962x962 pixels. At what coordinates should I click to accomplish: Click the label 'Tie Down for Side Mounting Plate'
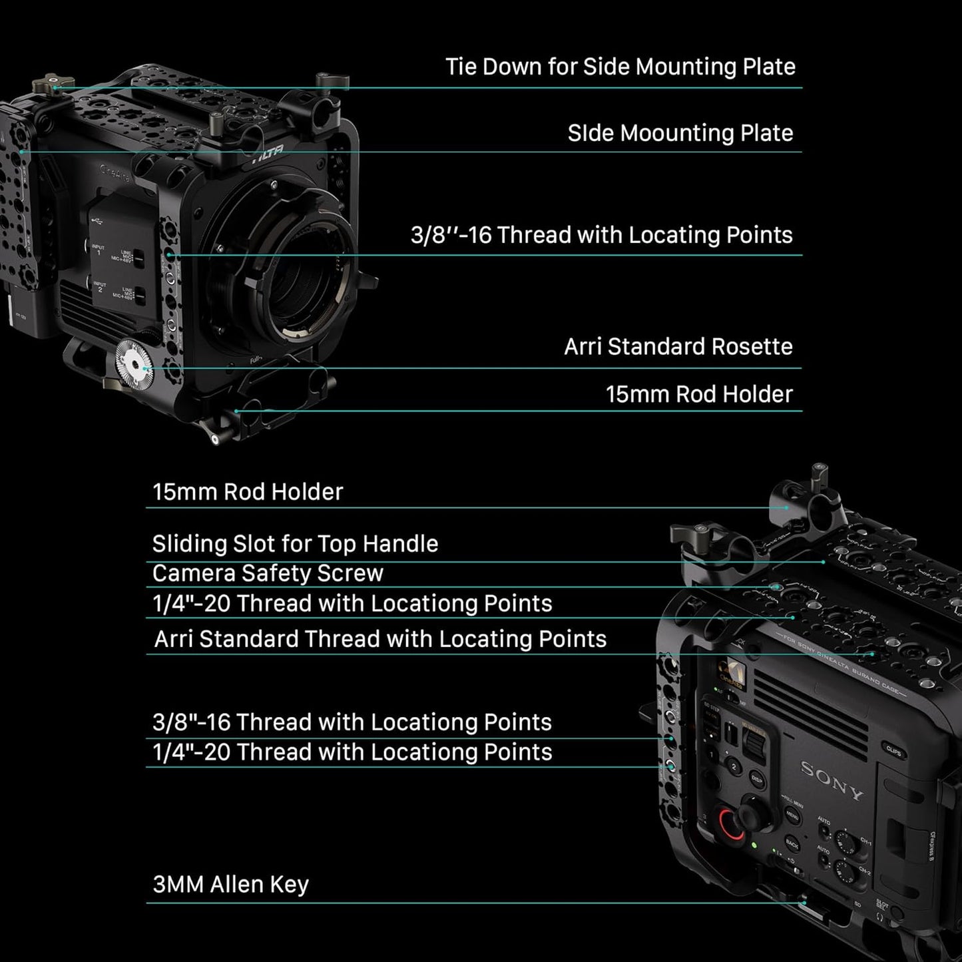[620, 67]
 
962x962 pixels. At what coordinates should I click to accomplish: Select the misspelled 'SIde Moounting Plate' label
[680, 133]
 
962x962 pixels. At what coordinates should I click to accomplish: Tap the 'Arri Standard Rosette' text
[678, 347]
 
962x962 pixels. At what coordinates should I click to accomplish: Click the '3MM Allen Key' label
[230, 885]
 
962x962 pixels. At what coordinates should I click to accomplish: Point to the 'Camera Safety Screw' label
[268, 573]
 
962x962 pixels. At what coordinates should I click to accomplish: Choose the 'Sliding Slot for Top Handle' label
[295, 544]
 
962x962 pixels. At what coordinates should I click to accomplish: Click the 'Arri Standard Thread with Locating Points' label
[380, 639]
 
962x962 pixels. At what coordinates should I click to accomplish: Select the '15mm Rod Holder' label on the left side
[248, 492]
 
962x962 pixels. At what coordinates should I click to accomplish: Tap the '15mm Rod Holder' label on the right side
[698, 394]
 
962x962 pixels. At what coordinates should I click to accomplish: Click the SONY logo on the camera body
[832, 780]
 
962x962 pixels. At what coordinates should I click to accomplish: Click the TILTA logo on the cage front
[268, 154]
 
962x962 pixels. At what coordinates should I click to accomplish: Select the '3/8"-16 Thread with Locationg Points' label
[352, 722]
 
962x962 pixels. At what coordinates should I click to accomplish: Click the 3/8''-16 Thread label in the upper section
[601, 235]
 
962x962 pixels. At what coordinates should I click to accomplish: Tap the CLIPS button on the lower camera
[893, 751]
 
